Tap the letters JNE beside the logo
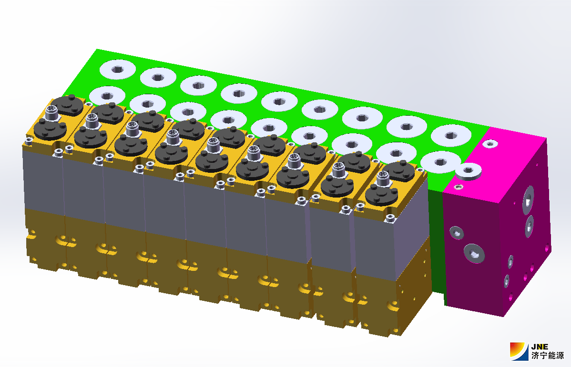(540, 347)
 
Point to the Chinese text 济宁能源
(547, 356)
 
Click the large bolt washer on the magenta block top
(469, 171)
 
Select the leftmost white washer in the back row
(117, 69)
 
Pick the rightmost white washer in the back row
(451, 135)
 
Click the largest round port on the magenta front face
(474, 253)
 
